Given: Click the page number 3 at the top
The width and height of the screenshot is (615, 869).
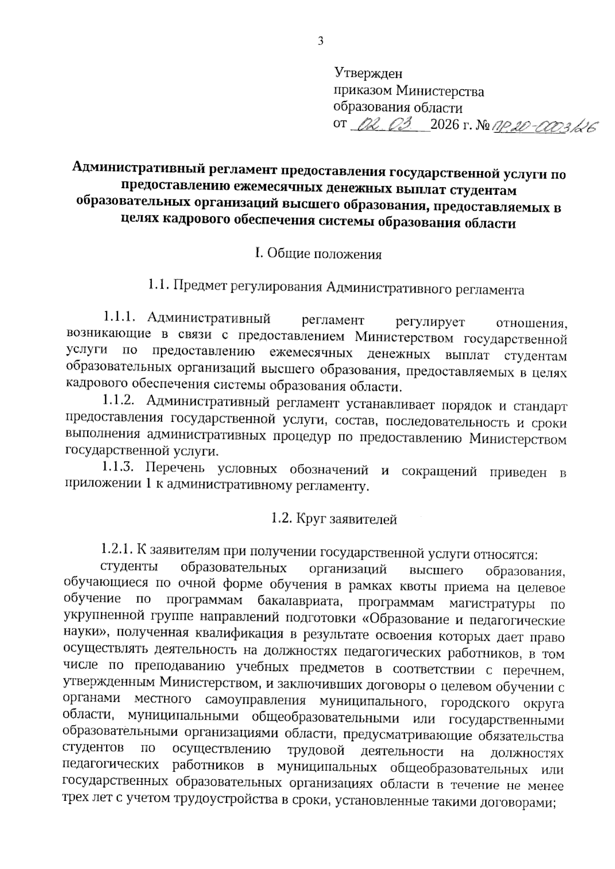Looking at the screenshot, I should (x=320, y=42).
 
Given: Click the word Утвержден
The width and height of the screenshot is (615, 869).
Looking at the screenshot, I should (x=368, y=74).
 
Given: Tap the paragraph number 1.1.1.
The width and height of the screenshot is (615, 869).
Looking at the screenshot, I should (x=120, y=318).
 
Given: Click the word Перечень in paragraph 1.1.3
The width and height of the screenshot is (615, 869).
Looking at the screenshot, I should (x=175, y=469).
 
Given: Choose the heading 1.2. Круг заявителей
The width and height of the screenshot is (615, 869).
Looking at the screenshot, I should (x=334, y=519).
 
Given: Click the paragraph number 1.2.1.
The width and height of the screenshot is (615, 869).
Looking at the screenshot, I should (x=118, y=552).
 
